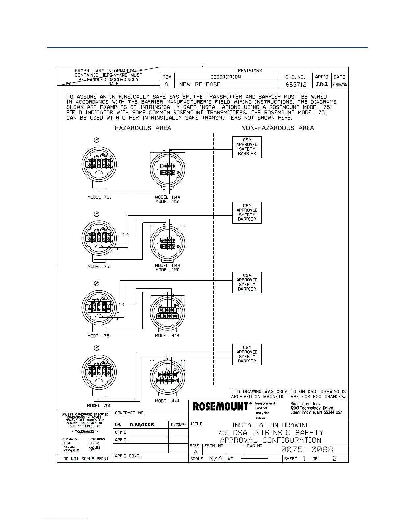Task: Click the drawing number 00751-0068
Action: coord(307,449)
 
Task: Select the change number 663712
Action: coord(296,84)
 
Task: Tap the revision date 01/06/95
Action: coord(340,84)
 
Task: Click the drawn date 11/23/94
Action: coord(178,425)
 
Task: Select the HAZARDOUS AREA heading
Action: coord(143,128)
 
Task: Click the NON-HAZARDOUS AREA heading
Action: coord(278,128)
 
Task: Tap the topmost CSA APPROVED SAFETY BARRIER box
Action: coord(247,147)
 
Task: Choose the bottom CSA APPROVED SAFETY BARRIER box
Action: coord(247,354)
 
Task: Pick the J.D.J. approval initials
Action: coord(321,84)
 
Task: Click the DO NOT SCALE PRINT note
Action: coord(86,459)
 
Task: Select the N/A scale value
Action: coord(216,459)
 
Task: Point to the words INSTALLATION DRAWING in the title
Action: coord(271,425)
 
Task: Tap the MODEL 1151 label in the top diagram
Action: coord(168,202)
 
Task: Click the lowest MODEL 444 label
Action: coord(167,401)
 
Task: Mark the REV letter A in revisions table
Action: coord(167,84)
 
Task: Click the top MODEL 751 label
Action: coord(99,197)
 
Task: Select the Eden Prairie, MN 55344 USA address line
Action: coord(316,412)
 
